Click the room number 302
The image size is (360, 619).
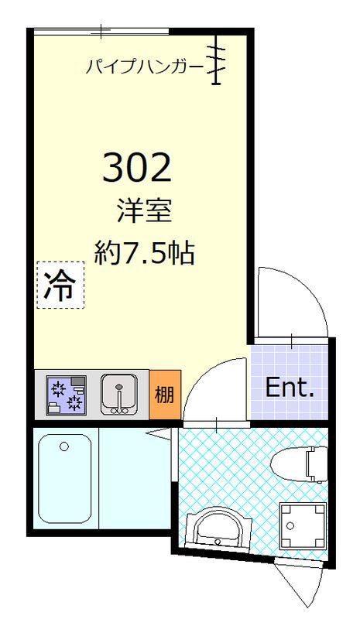pos(136,166)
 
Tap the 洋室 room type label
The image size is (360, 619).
pos(144,210)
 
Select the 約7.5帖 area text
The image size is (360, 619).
pos(144,251)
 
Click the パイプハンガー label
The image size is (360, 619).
pos(145,67)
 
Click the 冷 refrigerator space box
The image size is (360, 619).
pos(59,286)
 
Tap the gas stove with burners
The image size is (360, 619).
pos(66,394)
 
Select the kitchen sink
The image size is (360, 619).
pos(119,394)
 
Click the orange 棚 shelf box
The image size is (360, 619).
pos(164,395)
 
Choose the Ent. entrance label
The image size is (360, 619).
pos(289,388)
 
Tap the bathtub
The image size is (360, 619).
pos(64,480)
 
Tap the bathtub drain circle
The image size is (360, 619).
pos(64,446)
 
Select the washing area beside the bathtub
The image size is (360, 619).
pos(132,480)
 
